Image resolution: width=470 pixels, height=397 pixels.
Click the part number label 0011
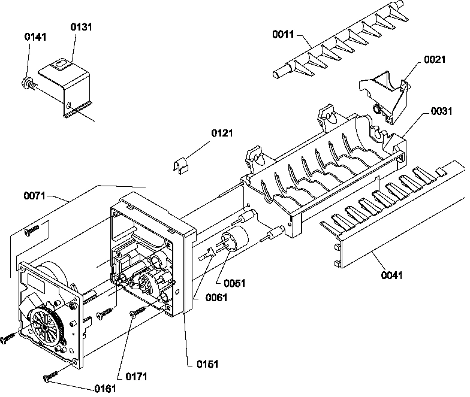[284, 35]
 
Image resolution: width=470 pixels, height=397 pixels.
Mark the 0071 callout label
[35, 195]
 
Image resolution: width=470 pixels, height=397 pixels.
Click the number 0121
[222, 133]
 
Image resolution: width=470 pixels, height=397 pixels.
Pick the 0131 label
[82, 27]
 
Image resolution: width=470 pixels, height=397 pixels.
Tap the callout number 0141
[35, 37]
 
